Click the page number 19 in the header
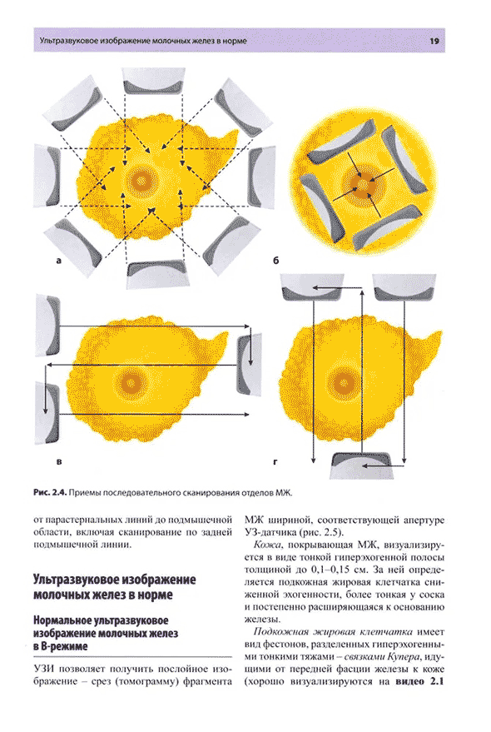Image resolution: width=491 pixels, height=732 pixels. [x=434, y=41]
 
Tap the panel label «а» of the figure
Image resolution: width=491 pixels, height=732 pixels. [x=58, y=261]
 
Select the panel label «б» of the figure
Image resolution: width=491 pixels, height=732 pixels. [x=275, y=261]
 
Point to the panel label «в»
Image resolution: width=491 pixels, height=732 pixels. [x=59, y=462]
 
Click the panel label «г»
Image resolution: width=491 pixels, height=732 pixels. [x=275, y=462]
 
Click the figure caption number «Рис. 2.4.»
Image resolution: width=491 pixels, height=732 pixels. [x=51, y=492]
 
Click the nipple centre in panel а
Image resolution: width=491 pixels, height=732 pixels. [x=140, y=180]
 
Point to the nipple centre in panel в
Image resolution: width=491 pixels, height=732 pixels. [x=131, y=384]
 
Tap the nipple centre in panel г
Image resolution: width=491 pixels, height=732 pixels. [x=345, y=383]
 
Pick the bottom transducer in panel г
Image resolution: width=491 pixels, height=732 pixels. [x=361, y=465]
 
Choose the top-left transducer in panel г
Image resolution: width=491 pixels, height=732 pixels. [x=312, y=287]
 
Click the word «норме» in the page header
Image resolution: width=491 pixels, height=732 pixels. [x=236, y=41]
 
